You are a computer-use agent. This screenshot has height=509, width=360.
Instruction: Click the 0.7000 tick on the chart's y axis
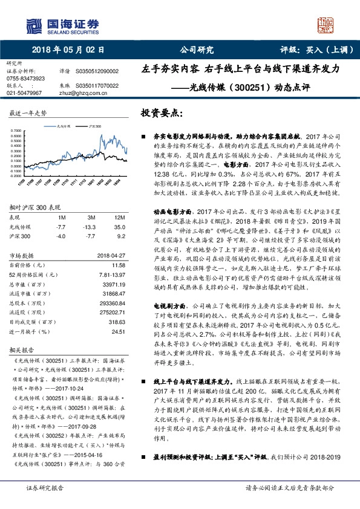point(17,131)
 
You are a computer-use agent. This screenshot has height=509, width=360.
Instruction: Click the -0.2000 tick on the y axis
point(16,176)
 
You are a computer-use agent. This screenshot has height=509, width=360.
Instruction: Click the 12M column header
point(119,217)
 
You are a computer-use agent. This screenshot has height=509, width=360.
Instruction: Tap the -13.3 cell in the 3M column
point(91,226)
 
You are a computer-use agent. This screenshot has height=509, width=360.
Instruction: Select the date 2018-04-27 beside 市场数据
point(110,256)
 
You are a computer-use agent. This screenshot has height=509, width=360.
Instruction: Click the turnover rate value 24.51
point(118,331)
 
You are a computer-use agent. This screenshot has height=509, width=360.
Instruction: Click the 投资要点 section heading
point(162,114)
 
